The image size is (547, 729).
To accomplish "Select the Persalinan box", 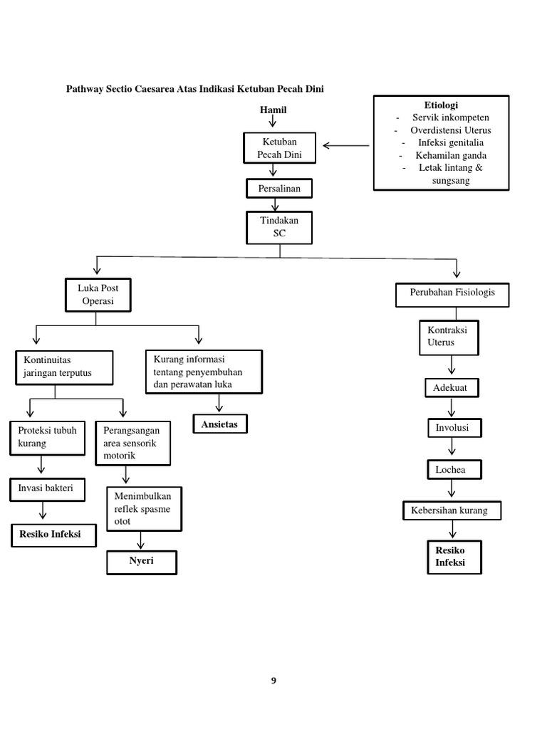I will tap(278, 189).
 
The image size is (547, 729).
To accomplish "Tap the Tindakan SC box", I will tap(279, 227).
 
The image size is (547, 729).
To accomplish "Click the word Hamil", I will tap(273, 110).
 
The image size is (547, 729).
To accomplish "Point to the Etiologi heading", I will tap(441, 105).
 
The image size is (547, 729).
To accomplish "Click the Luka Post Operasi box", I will tap(98, 295).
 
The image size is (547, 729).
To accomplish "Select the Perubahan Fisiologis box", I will tap(452, 293).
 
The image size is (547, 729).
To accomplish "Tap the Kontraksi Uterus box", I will tap(449, 337).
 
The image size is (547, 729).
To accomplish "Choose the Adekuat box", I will tap(452, 388).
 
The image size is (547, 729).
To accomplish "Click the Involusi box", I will tap(453, 428).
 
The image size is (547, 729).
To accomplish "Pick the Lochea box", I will tap(453, 470).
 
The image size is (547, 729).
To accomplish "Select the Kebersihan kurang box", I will tap(452, 511).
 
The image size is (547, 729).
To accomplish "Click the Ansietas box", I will tap(220, 424).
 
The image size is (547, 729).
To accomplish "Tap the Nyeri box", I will tap(142, 562).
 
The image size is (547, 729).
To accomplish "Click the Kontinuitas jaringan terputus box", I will tap(63, 367).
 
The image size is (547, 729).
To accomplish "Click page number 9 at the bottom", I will tap(273, 681).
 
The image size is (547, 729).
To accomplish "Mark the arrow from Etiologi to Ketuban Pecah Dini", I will tap(346, 146).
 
